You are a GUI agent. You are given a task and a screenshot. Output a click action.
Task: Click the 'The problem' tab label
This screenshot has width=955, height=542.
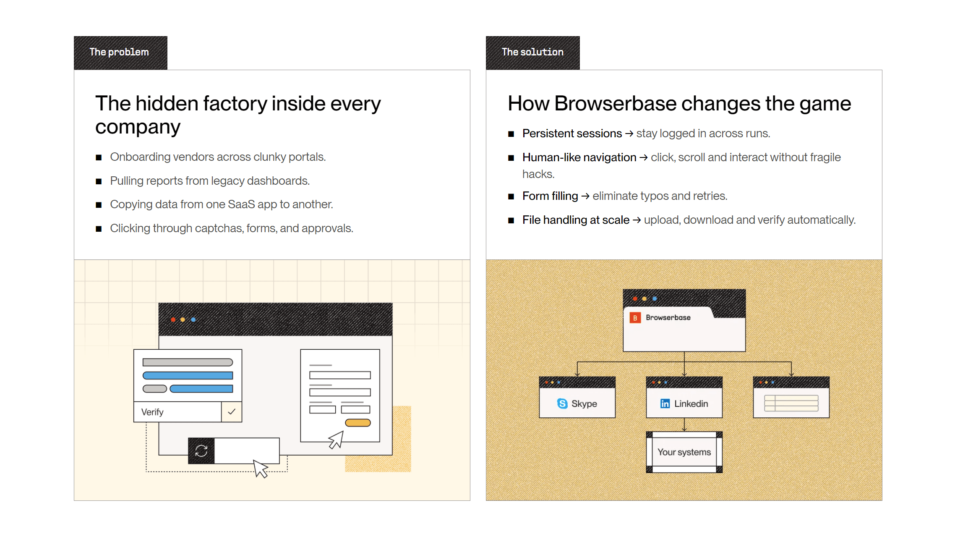[x=119, y=52]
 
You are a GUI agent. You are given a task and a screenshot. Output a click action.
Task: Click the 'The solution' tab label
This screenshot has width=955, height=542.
[x=532, y=52]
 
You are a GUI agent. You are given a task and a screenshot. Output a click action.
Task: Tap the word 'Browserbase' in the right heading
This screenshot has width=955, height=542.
[x=657, y=104]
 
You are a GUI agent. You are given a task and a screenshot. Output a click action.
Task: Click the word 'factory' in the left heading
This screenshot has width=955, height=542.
[x=235, y=104]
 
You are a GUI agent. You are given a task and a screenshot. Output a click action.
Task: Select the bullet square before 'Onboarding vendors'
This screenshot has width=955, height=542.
[x=99, y=158]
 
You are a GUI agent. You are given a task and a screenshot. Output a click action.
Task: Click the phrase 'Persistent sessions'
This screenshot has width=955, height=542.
[x=572, y=134]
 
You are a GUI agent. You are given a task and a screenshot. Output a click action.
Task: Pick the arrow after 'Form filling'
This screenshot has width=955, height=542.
[x=585, y=196]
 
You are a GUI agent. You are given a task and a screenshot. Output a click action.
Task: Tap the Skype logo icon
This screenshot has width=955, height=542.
[x=562, y=403]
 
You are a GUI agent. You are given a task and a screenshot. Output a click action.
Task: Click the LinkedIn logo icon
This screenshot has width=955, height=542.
[x=665, y=403]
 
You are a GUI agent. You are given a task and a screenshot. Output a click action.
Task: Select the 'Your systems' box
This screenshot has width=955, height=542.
[x=684, y=452]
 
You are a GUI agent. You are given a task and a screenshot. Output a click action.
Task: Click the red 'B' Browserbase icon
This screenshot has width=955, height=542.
[x=635, y=318]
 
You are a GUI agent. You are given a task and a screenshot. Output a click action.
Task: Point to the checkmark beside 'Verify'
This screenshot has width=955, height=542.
[x=232, y=412]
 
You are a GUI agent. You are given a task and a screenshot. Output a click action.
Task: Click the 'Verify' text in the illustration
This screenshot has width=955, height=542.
[x=152, y=412]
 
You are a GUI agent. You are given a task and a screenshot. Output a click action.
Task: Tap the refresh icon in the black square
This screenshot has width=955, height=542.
[x=201, y=451]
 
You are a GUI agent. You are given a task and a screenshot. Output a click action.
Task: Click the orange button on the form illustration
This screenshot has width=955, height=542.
[x=357, y=423]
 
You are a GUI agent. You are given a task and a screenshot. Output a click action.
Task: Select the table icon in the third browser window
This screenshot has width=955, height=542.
[x=791, y=403]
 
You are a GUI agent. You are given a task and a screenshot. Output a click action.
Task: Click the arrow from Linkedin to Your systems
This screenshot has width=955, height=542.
[x=684, y=425]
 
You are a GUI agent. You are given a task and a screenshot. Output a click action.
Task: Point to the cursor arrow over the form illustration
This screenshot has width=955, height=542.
[x=336, y=440]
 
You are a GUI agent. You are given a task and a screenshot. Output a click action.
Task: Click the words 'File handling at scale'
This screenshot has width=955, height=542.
[x=576, y=220]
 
